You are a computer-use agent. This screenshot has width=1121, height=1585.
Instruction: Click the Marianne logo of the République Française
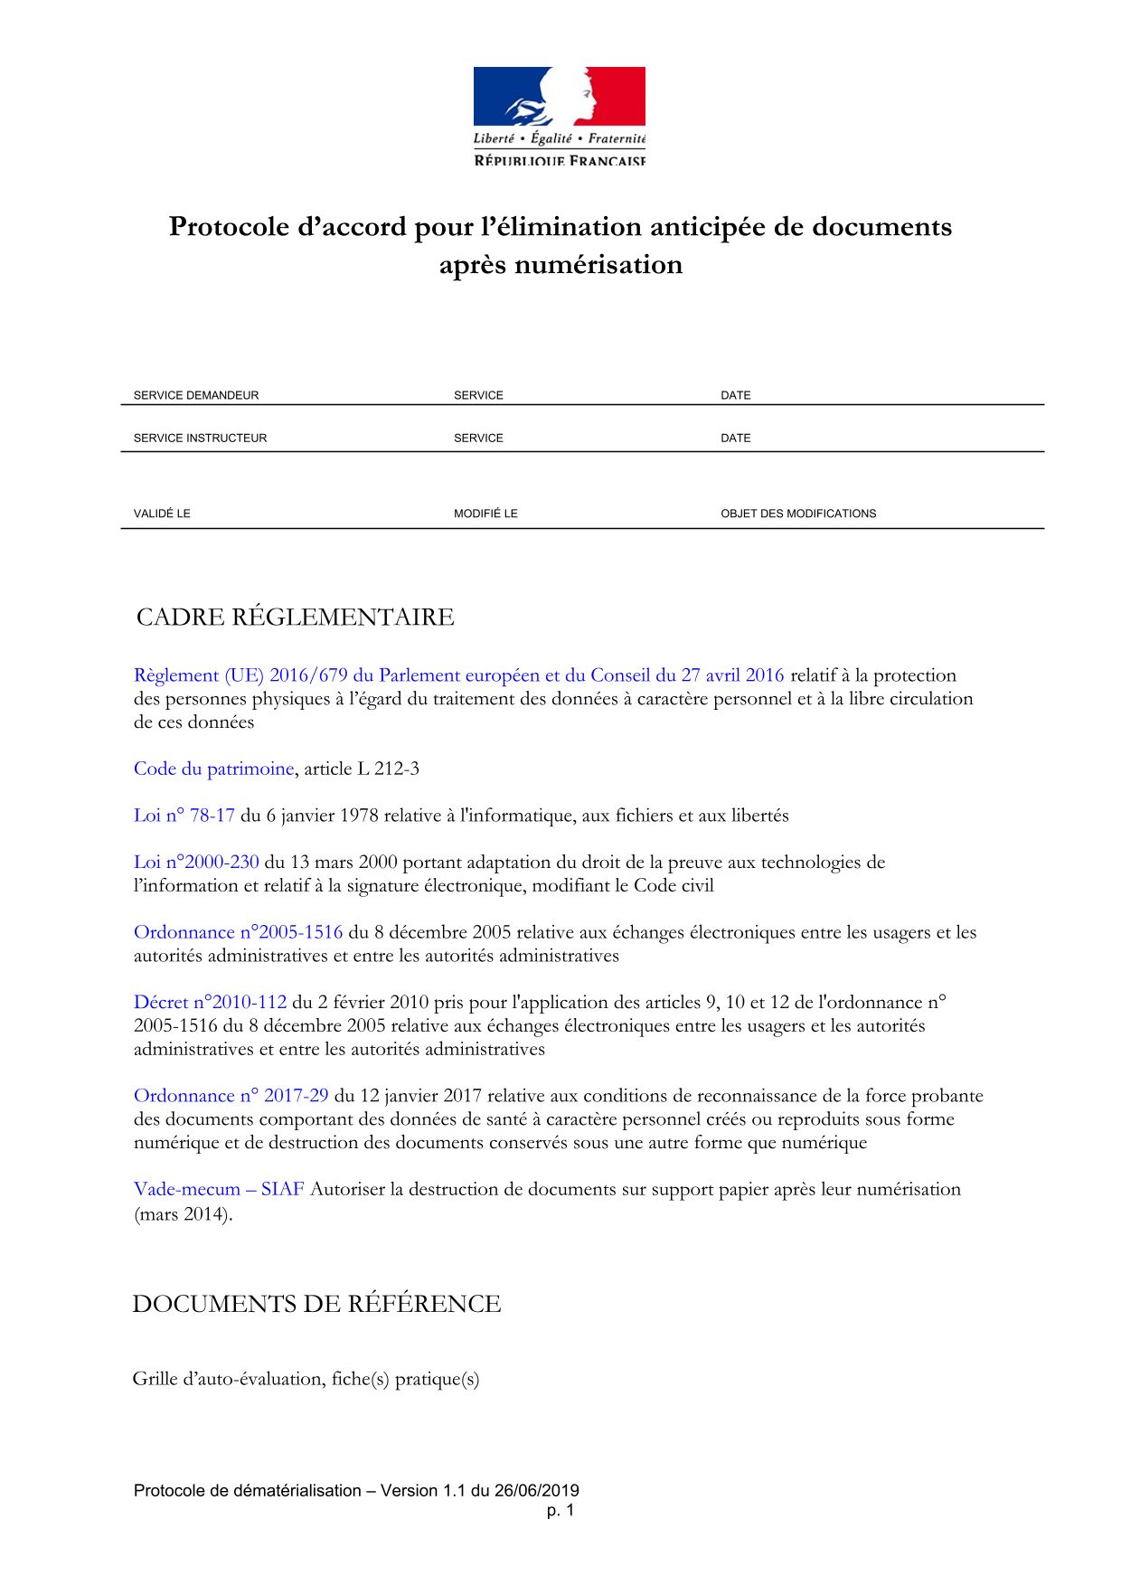point(559,115)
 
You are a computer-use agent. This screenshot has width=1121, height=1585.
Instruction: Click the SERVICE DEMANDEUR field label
point(196,395)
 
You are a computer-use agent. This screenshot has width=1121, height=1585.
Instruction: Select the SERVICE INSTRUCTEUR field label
point(200,438)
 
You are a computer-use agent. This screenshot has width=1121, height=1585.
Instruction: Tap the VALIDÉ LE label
point(162,514)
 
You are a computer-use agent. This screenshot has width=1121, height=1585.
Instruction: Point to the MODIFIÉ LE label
point(485,514)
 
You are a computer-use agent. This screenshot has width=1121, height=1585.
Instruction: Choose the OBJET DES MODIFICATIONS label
point(798,514)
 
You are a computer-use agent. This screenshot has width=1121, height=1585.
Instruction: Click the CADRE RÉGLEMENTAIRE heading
point(295,618)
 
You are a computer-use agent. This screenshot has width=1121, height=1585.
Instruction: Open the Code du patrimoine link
point(213,769)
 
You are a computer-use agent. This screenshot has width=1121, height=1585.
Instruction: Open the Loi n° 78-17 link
point(184,816)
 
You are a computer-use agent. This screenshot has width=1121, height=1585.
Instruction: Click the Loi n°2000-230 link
point(196,862)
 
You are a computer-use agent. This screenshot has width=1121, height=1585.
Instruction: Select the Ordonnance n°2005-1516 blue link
point(239,932)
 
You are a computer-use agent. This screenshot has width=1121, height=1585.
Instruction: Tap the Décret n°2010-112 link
point(210,1002)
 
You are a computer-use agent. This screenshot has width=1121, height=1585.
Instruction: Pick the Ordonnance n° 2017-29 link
point(231,1096)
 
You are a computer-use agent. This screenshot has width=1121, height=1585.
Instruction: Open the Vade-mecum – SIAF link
point(219,1189)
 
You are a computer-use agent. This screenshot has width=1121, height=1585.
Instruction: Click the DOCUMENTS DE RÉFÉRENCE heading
point(316,1304)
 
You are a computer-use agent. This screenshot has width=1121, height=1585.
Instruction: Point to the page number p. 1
point(560,1511)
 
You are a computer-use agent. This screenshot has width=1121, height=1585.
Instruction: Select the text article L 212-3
point(362,769)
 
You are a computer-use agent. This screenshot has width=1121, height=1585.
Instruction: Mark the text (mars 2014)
point(184,1213)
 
